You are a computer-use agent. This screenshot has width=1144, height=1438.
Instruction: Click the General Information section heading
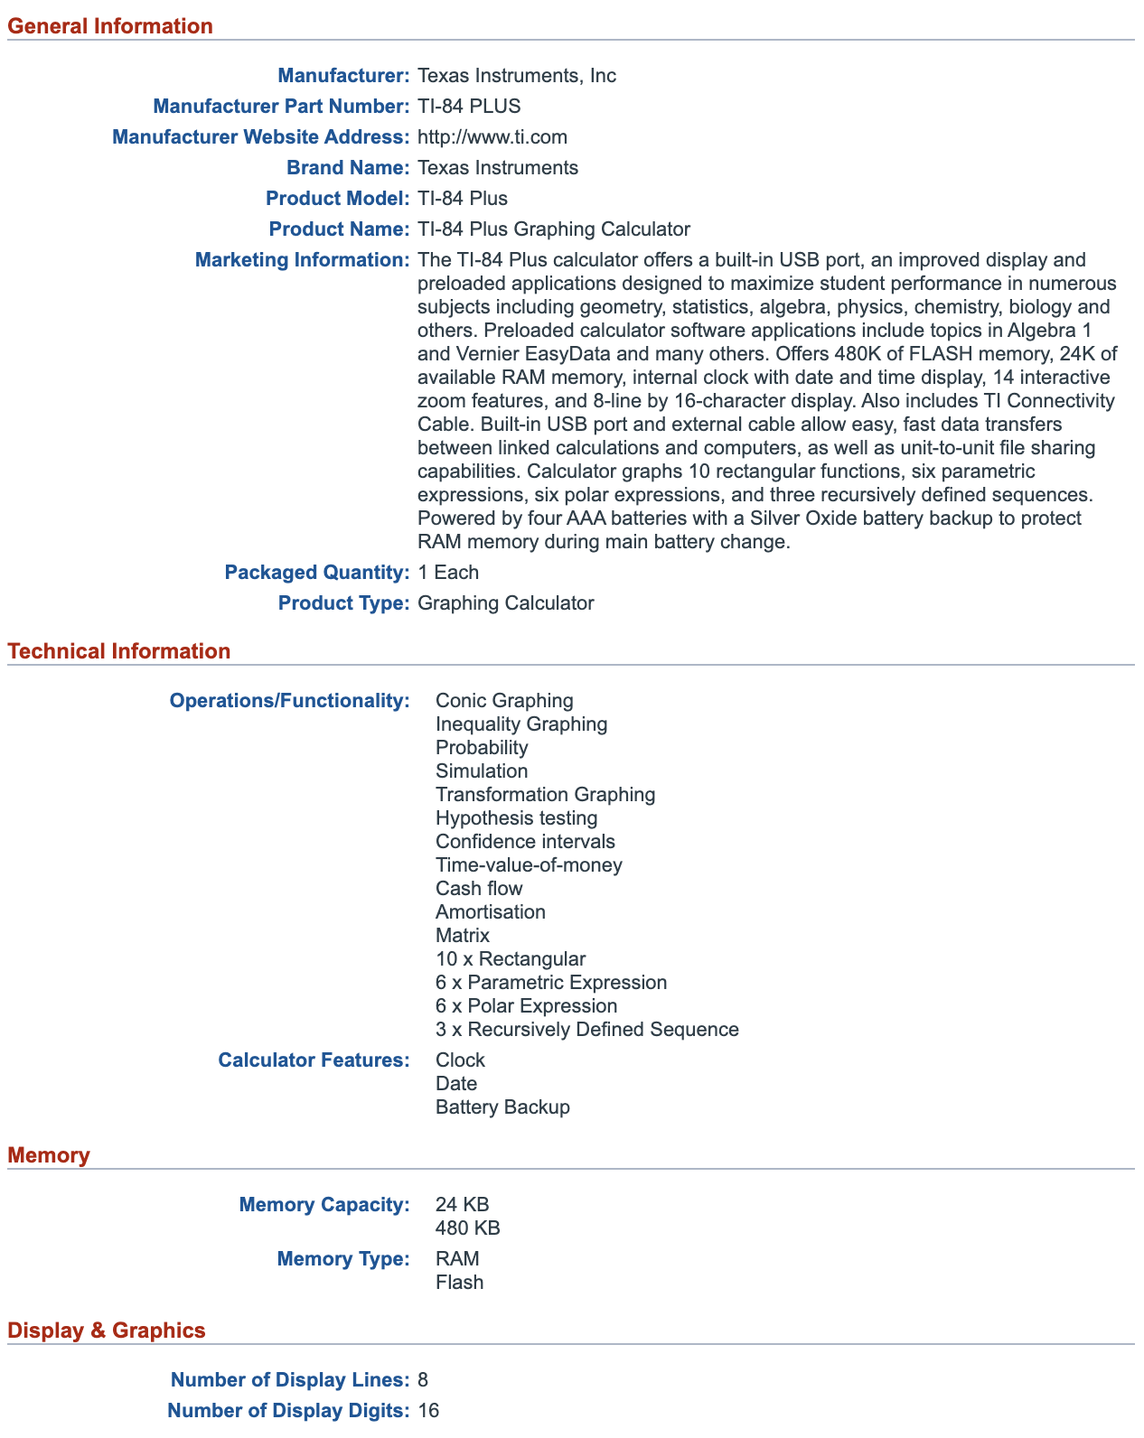click(x=110, y=26)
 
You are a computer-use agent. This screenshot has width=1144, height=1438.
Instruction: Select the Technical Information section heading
click(x=119, y=651)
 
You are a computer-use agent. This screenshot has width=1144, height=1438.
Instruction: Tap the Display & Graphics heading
click(x=107, y=1331)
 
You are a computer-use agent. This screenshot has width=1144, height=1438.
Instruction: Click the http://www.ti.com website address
click(x=492, y=137)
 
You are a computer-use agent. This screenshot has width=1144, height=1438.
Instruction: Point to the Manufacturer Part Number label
click(x=281, y=107)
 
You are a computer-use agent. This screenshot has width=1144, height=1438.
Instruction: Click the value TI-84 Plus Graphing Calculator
click(x=553, y=229)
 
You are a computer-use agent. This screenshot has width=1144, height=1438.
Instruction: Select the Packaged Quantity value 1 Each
click(x=448, y=573)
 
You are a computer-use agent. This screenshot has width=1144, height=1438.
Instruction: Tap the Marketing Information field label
click(x=303, y=260)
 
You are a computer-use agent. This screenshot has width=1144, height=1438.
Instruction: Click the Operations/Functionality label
click(x=289, y=701)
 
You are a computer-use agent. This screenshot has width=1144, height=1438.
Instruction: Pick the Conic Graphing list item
click(x=504, y=701)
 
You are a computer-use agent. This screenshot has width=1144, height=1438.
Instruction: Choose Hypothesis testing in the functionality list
click(x=516, y=818)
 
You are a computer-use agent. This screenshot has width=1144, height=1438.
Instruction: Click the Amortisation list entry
click(x=491, y=912)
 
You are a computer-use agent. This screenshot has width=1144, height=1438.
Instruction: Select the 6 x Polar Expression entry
click(x=526, y=1006)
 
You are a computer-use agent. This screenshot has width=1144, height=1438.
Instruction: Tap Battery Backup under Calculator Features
click(x=502, y=1107)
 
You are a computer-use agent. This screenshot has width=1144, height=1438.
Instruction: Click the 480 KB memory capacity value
click(x=467, y=1228)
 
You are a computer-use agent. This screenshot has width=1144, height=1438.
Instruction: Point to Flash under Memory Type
click(x=459, y=1283)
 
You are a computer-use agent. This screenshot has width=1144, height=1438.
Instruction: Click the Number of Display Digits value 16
click(x=428, y=1411)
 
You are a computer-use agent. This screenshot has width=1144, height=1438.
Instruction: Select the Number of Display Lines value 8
click(x=423, y=1380)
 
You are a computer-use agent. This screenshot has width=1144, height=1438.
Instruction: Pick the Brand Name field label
click(x=348, y=168)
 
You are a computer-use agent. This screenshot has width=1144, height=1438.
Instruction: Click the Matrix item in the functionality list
click(x=463, y=936)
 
